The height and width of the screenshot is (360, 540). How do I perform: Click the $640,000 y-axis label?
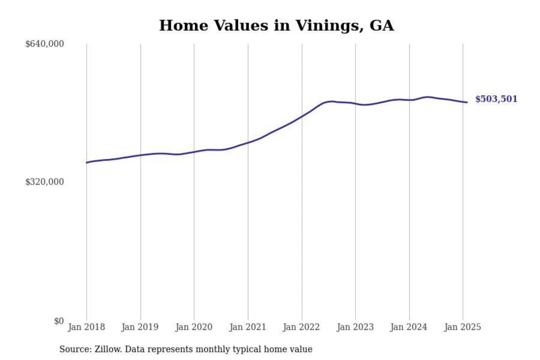point(44,44)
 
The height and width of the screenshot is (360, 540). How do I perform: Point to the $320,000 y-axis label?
point(44,182)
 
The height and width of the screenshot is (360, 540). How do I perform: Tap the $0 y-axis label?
point(59,321)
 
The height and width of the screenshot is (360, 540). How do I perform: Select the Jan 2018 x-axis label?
point(86,327)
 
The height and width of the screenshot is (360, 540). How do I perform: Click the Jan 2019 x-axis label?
point(140,327)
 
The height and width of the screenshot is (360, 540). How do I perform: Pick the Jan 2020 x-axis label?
point(193,327)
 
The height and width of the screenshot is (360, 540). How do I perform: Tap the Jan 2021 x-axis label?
point(247,327)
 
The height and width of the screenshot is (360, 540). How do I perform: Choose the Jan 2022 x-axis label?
point(301,327)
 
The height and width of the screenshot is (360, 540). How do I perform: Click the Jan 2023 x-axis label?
point(355,327)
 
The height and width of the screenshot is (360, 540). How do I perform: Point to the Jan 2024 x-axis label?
point(409,327)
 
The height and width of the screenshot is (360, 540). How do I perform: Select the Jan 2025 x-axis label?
point(462,327)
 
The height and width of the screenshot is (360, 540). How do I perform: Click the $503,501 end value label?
point(496,99)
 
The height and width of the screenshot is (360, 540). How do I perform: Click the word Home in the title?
point(183,25)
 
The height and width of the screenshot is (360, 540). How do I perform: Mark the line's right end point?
point(467,102)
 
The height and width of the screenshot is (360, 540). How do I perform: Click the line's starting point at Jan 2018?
point(87,162)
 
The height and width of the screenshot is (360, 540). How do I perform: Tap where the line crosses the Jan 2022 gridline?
point(302,117)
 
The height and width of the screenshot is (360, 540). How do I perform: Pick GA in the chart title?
point(382,25)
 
